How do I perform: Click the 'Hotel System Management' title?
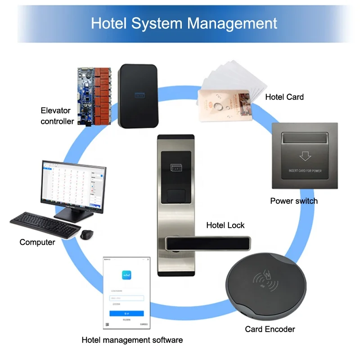click(x=184, y=23)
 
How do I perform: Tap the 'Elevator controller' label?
click(x=57, y=116)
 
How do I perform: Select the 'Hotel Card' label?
click(x=284, y=97)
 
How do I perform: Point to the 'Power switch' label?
click(x=293, y=201)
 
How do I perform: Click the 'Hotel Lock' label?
click(x=225, y=225)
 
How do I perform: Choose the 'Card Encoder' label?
click(x=270, y=329)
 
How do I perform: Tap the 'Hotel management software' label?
click(x=132, y=340)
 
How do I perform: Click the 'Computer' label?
click(x=37, y=242)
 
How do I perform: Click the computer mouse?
click(x=87, y=234)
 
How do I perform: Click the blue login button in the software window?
click(x=126, y=313)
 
